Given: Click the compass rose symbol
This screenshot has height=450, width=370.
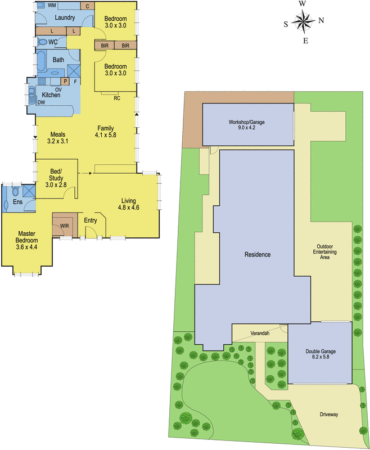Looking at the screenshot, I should pyautogui.click(x=304, y=22).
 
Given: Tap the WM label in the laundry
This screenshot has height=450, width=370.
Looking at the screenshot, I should pyautogui.click(x=52, y=5).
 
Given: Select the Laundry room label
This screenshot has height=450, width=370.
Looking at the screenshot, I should pyautogui.click(x=66, y=17).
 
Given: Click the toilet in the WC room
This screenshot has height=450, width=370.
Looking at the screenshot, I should pyautogui.click(x=43, y=42).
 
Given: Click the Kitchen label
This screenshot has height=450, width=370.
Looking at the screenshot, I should pyautogui.click(x=51, y=95).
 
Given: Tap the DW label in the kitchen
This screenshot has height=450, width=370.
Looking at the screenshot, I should pyautogui.click(x=41, y=103).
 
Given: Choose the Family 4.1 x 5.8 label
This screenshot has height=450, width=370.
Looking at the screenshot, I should pyautogui.click(x=105, y=132).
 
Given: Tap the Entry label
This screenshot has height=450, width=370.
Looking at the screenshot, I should pyautogui.click(x=91, y=220).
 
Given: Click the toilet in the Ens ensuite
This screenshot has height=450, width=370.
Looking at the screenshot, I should pyautogui.click(x=16, y=192).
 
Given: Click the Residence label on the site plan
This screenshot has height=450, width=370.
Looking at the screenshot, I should pyautogui.click(x=257, y=255).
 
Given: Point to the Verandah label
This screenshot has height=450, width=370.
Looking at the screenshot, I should pyautogui.click(x=260, y=333).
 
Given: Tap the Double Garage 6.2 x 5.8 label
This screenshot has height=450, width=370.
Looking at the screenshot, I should pyautogui.click(x=321, y=354).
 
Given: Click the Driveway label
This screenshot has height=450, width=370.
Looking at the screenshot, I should pyautogui.click(x=328, y=415).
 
